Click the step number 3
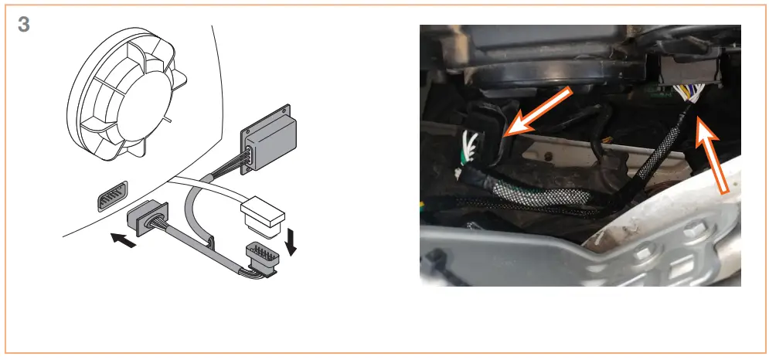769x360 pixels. point(24,24)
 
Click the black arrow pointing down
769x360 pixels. point(292,240)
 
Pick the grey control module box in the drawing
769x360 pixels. point(272,138)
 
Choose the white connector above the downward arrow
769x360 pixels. point(264,217)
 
